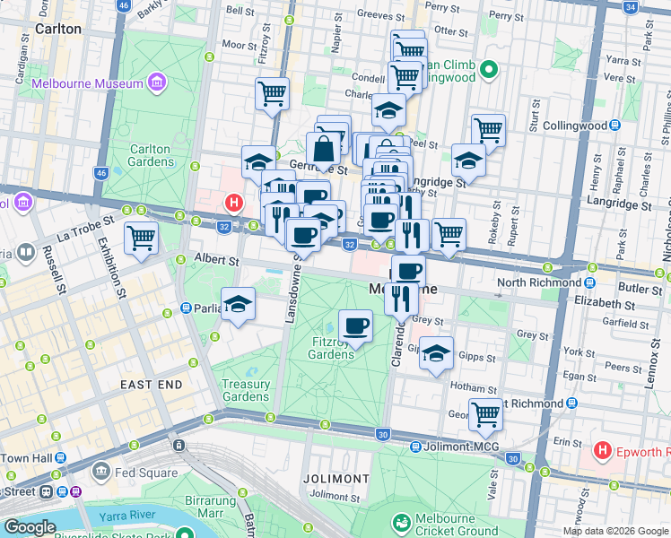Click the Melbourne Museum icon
pos(158,83)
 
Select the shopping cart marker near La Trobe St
pos(140,239)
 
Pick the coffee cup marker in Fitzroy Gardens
pos(355,325)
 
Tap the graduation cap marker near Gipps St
pos(436,353)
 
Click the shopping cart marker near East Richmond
pos(485,414)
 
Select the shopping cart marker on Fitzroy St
pos(271,92)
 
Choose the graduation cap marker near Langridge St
pos(467,160)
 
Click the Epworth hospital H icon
pos(603,451)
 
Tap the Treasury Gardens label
pos(246,391)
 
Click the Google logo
pos(30,527)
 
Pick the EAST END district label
pos(152,385)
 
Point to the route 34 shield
pos(631,6)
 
